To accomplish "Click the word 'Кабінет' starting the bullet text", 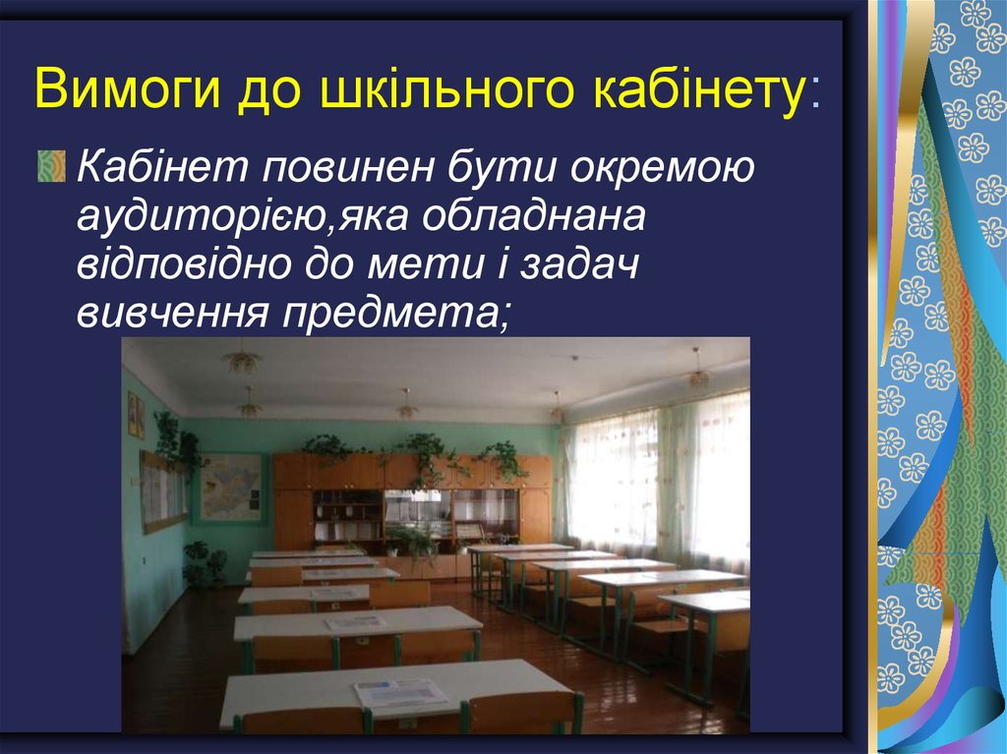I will click(161, 168).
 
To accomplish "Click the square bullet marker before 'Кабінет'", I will click(54, 168).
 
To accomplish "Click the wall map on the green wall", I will click(232, 488).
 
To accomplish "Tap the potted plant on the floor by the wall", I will click(205, 566).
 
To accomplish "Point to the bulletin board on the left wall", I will click(162, 492).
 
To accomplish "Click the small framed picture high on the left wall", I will click(136, 414).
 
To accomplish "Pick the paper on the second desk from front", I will click(356, 621).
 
